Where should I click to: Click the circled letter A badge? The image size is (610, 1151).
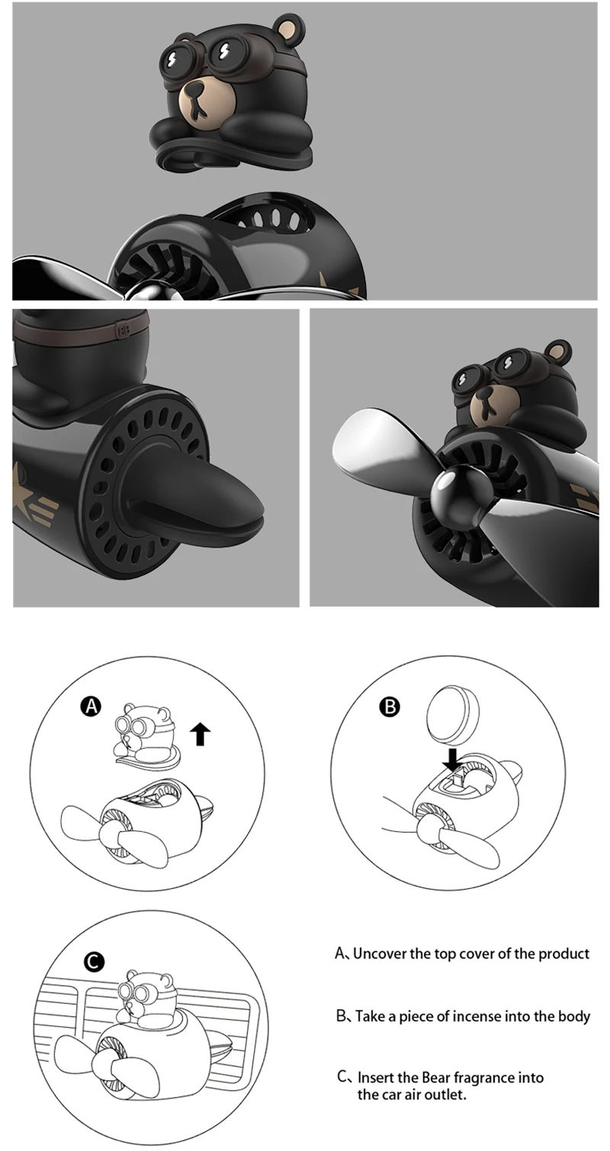point(91,707)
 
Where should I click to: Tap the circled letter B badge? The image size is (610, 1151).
point(389,707)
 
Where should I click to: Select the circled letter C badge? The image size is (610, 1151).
point(93,962)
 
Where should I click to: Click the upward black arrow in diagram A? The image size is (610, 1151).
point(201,734)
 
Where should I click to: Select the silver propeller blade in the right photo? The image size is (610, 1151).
point(374,449)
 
